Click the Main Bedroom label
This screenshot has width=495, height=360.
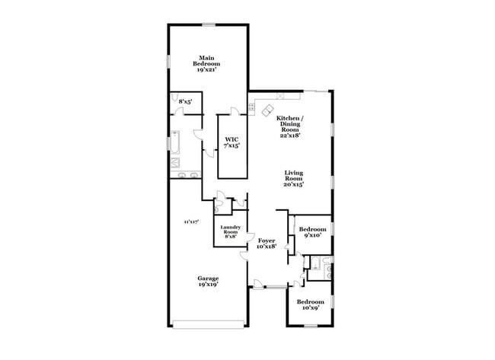tap(206, 62)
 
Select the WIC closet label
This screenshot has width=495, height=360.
tap(232, 142)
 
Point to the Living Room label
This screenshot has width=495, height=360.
tap(294, 178)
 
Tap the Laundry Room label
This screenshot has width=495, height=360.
tap(230, 231)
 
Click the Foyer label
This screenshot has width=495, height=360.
tap(266, 243)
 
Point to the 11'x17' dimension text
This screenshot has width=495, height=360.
tap(190, 221)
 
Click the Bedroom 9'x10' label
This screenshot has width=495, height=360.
tap(312, 232)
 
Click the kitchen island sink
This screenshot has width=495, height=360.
tap(269, 111)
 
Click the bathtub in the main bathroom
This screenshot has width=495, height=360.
tap(175, 144)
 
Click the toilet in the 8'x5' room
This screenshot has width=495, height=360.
tap(176, 97)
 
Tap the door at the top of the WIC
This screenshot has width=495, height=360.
tap(237, 112)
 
